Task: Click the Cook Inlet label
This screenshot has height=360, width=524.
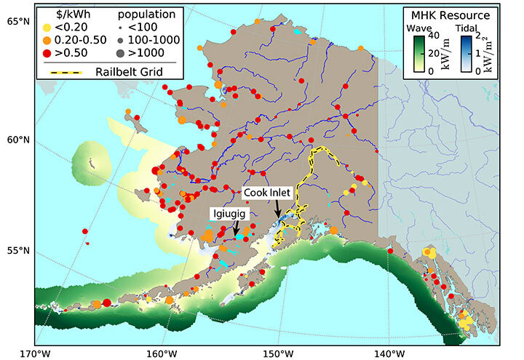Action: pos(267,193)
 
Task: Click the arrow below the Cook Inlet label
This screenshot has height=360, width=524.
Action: pos(278,209)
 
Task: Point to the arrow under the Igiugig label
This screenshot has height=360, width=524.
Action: pos(236,229)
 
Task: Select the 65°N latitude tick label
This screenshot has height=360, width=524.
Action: pos(17,20)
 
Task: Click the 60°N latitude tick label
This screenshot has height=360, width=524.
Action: pos(17,140)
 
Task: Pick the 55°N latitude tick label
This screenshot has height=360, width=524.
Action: pos(17,251)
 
